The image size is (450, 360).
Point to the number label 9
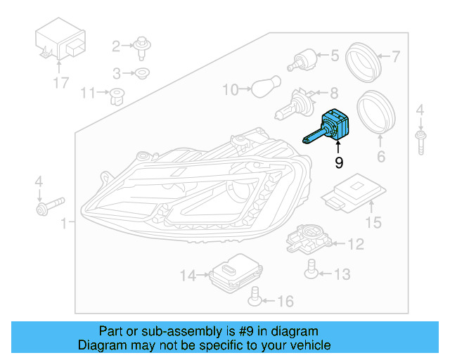[339, 163]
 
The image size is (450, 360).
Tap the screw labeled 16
[257, 301]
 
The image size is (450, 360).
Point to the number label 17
[60, 83]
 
